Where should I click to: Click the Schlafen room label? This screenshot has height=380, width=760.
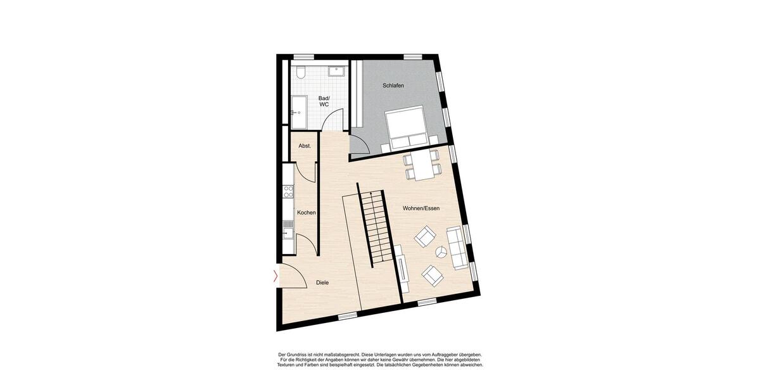point(393,85)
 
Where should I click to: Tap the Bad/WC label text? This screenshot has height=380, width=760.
point(324,101)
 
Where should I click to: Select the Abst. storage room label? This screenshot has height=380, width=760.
point(305,146)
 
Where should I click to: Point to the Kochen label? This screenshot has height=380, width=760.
point(307,213)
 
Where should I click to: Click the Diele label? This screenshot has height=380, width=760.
point(322,283)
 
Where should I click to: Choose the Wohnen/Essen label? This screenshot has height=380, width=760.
point(421,208)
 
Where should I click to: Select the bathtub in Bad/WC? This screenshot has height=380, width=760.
point(298,112)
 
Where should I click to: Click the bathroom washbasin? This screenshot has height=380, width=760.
point(337,70)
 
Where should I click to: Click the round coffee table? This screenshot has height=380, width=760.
point(440,253)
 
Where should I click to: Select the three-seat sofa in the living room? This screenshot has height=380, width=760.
point(457,247)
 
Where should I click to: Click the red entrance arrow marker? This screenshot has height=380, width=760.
point(275,275)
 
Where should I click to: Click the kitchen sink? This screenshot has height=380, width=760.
point(288,230)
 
